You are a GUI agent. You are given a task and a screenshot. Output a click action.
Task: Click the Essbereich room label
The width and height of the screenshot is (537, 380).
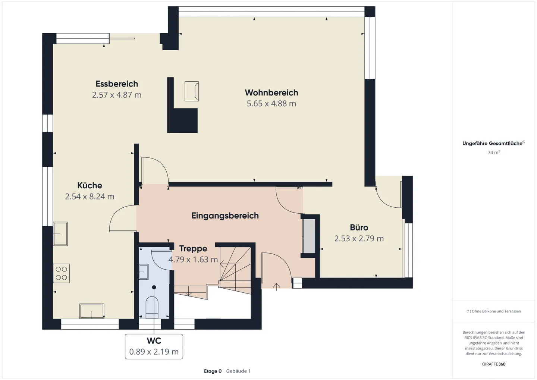point(117,84)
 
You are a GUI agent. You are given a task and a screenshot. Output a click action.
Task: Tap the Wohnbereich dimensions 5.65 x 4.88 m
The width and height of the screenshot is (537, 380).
point(271,104)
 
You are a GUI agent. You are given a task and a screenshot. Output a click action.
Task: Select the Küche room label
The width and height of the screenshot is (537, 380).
point(89,185)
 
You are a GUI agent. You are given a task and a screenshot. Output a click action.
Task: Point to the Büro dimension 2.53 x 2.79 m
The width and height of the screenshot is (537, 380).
point(359,239)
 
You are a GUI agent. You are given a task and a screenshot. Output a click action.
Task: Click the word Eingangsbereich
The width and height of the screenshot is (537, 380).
point(225,216)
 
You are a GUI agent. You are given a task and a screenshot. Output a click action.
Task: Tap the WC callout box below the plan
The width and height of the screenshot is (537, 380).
point(154,346)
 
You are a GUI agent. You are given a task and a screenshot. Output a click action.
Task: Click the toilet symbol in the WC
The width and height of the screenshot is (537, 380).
point(152,307)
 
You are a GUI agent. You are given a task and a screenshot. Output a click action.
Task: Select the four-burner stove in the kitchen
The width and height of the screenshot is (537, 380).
point(62,273)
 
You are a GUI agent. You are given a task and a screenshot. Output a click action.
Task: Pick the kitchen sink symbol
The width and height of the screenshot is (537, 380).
point(60,234)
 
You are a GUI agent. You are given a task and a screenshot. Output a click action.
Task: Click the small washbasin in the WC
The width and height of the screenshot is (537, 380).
point(144,272)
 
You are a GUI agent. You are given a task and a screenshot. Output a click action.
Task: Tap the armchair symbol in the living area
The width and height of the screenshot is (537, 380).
point(192,91)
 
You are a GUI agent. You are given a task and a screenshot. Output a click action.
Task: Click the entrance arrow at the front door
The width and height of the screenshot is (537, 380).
point(276,286)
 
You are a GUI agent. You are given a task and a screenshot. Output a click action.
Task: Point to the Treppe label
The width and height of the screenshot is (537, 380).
point(193,249)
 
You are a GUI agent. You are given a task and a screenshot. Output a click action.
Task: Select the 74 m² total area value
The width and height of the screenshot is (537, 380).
point(493,153)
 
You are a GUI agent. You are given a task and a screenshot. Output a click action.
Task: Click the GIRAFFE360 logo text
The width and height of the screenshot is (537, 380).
point(493,364)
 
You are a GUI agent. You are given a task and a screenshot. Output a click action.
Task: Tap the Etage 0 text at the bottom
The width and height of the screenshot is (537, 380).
point(213,371)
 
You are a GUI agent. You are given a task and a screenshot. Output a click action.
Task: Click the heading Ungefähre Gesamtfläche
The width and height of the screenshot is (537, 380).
point(493,144)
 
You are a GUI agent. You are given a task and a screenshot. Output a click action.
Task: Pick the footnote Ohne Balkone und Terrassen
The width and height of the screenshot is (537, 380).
point(493,311)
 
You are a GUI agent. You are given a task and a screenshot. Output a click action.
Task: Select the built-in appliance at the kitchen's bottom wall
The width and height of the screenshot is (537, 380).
point(92,311)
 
